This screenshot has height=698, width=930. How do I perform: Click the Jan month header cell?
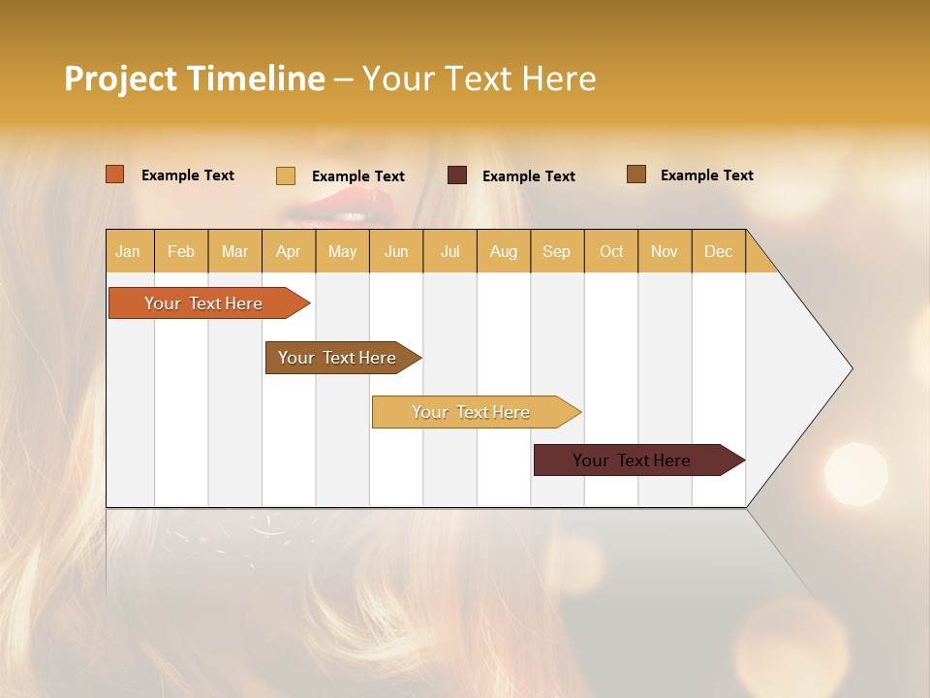(129, 251)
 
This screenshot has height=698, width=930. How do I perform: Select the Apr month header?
(289, 251)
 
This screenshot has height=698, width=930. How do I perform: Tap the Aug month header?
(504, 251)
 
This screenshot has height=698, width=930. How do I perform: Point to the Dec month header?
(718, 251)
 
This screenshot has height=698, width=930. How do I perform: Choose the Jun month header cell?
(396, 251)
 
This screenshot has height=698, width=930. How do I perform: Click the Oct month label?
(611, 251)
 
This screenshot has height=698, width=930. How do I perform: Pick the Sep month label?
(557, 251)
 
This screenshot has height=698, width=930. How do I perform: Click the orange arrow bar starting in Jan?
(203, 303)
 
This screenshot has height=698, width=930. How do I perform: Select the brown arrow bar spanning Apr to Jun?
(337, 358)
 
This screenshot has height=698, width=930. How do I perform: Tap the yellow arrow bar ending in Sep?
(471, 412)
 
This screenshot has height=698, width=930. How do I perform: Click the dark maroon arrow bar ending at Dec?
(632, 460)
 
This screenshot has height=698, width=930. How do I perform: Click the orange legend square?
(115, 174)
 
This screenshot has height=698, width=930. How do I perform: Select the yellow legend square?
(286, 175)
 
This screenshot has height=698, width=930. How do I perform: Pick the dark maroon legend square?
(457, 174)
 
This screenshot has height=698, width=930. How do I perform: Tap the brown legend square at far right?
(636, 174)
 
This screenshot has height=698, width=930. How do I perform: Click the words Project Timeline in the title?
(194, 79)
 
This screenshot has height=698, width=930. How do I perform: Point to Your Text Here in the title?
(479, 79)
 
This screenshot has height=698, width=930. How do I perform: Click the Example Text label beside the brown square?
(706, 175)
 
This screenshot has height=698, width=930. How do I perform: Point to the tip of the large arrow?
(851, 368)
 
